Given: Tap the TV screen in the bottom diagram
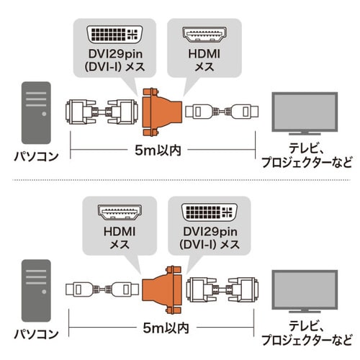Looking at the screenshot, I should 304,286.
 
